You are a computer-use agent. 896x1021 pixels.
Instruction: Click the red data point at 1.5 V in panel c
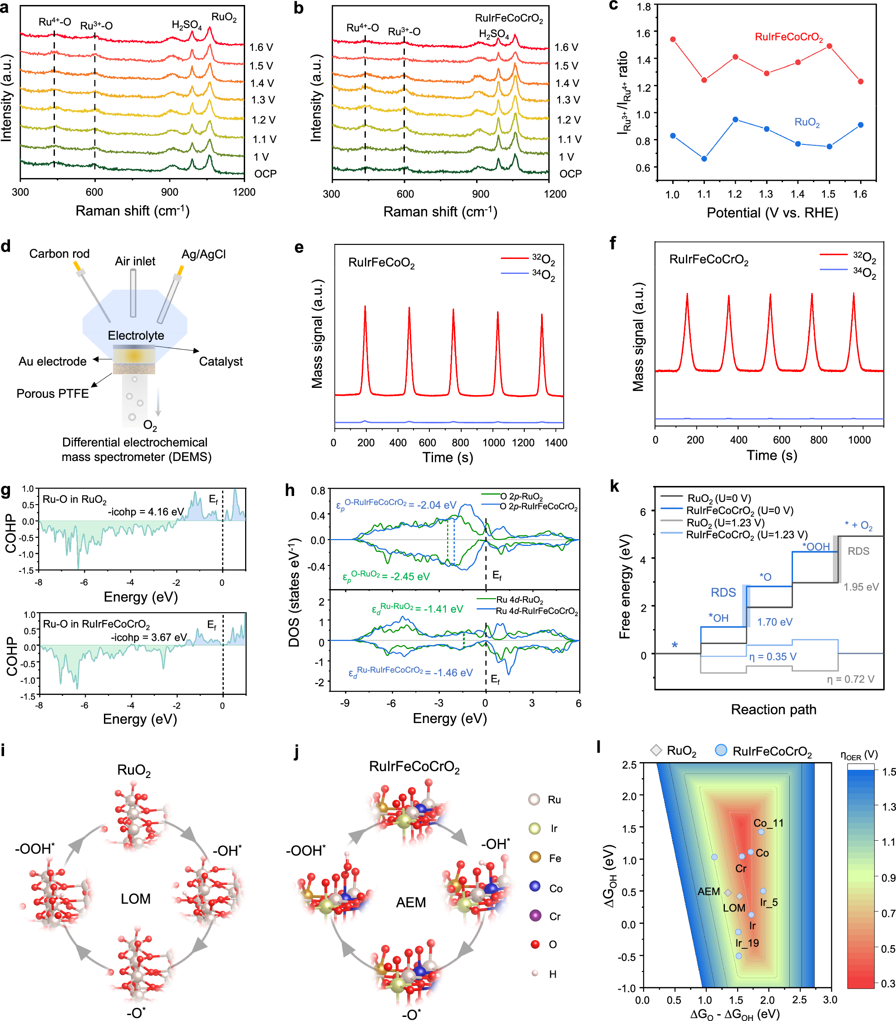(829, 46)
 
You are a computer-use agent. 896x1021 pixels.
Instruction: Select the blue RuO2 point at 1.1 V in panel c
(704, 159)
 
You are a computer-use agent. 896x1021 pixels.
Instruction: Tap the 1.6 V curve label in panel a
(261, 47)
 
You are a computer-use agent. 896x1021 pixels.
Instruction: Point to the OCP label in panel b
(570, 174)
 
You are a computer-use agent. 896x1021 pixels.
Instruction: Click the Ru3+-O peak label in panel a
(96, 25)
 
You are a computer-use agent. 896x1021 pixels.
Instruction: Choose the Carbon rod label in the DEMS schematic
(59, 254)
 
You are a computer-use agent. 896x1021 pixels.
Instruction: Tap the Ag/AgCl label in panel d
(203, 254)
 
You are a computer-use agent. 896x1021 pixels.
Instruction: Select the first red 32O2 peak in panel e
(365, 307)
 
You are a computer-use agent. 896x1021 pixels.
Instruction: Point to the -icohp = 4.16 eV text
(146, 511)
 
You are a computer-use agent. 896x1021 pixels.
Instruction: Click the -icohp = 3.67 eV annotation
(148, 637)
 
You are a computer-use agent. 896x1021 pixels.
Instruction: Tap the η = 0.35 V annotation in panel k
(772, 656)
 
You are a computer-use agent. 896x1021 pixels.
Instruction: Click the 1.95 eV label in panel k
(861, 587)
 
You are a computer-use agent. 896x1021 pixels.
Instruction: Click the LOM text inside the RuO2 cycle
(135, 899)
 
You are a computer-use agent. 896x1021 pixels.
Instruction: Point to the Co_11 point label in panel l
(768, 823)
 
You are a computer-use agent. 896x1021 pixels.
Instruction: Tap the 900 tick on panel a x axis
(169, 192)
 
